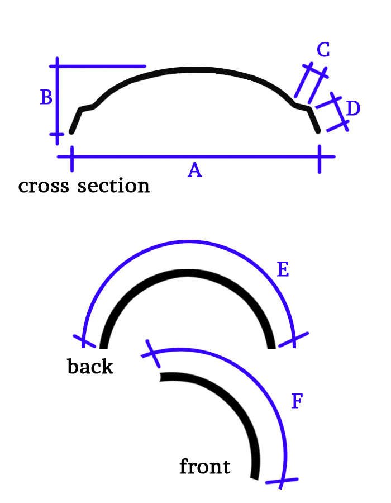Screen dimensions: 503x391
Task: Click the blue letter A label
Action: [x=194, y=170]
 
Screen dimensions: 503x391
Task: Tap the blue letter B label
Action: [x=46, y=98]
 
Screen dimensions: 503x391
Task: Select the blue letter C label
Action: [x=323, y=50]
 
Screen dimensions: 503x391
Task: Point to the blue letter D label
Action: [x=353, y=108]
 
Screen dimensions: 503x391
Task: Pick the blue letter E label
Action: [x=283, y=271]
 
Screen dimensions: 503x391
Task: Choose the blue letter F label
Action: [x=297, y=401]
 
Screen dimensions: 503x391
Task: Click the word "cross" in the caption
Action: [x=42, y=186]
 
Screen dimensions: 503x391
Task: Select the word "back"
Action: [x=90, y=367]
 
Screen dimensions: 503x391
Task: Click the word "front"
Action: [x=204, y=466]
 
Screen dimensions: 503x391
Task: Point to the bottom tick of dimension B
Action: [x=57, y=134]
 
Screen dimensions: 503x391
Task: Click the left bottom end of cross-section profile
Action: [x=71, y=132]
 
